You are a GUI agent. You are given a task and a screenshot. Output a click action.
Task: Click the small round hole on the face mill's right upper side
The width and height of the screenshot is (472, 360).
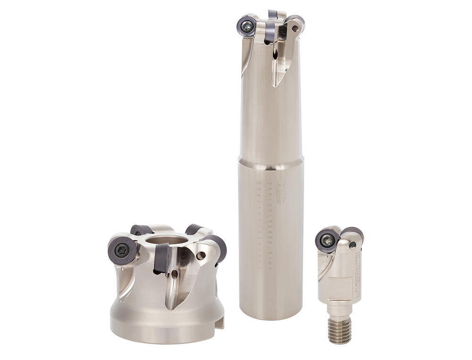point(202,256)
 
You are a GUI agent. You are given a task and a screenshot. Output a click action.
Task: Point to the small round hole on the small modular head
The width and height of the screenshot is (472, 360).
point(352,245)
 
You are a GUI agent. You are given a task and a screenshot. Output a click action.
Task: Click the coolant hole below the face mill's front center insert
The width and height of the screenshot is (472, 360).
point(175,273)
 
